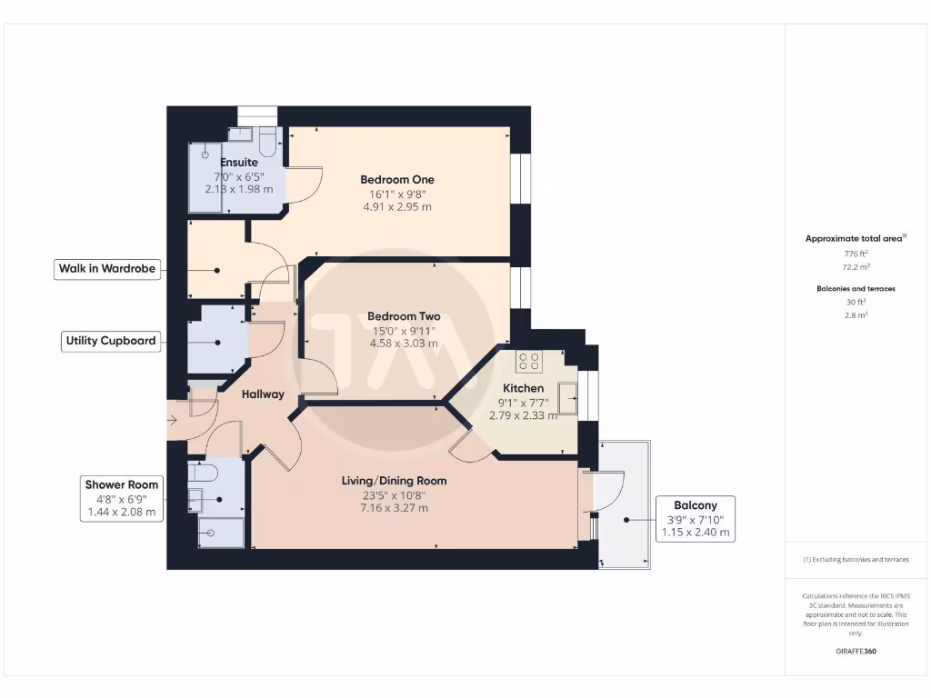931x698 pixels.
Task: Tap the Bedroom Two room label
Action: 403,316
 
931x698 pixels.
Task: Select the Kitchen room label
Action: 523,388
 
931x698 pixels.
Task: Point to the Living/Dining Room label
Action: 394,481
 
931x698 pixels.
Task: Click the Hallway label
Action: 263,394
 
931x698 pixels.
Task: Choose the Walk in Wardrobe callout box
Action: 107,269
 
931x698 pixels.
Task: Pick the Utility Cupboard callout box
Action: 111,342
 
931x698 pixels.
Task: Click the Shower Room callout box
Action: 122,498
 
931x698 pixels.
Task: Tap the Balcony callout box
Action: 696,519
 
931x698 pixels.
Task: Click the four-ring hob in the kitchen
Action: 529,362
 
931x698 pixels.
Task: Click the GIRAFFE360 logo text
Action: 856,652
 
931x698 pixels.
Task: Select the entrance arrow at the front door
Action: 174,420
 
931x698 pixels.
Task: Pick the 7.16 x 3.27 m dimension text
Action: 394,508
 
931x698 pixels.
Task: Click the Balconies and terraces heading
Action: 856,289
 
